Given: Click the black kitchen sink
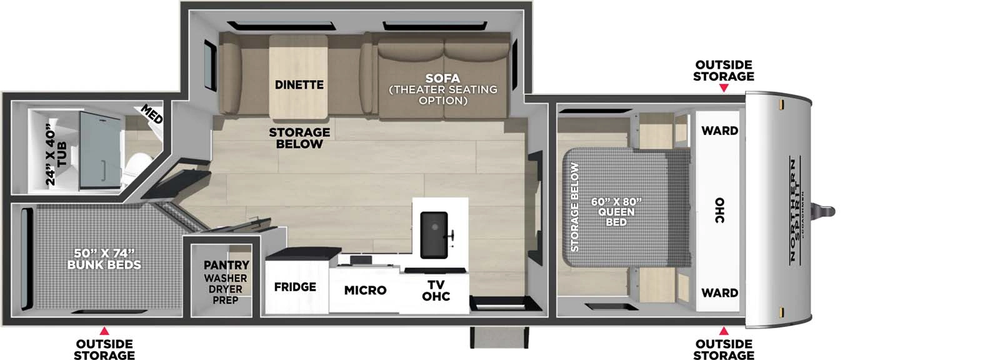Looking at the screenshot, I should tap(434, 234).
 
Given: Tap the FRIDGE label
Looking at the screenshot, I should tap(295, 287).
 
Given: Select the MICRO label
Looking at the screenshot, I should tap(365, 290).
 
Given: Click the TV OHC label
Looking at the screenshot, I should tap(436, 291).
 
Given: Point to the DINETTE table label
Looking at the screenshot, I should tap(299, 84).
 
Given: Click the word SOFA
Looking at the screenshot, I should tap(442, 78).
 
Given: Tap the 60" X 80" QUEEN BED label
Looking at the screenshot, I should tap(616, 212).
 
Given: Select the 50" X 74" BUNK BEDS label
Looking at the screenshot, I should tap(104, 259).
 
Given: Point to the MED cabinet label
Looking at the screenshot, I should tap(152, 114).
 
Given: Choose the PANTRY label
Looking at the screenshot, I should tap(226, 265).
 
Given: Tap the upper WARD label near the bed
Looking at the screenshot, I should tap(719, 131).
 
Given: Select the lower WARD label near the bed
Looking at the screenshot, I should tap(719, 292).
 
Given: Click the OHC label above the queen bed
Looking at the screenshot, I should tap(719, 211).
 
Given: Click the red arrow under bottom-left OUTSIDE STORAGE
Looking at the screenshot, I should tap(104, 331).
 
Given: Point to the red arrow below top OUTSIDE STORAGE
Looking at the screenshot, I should tap(724, 88).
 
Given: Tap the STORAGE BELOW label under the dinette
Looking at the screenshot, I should tap(299, 137).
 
